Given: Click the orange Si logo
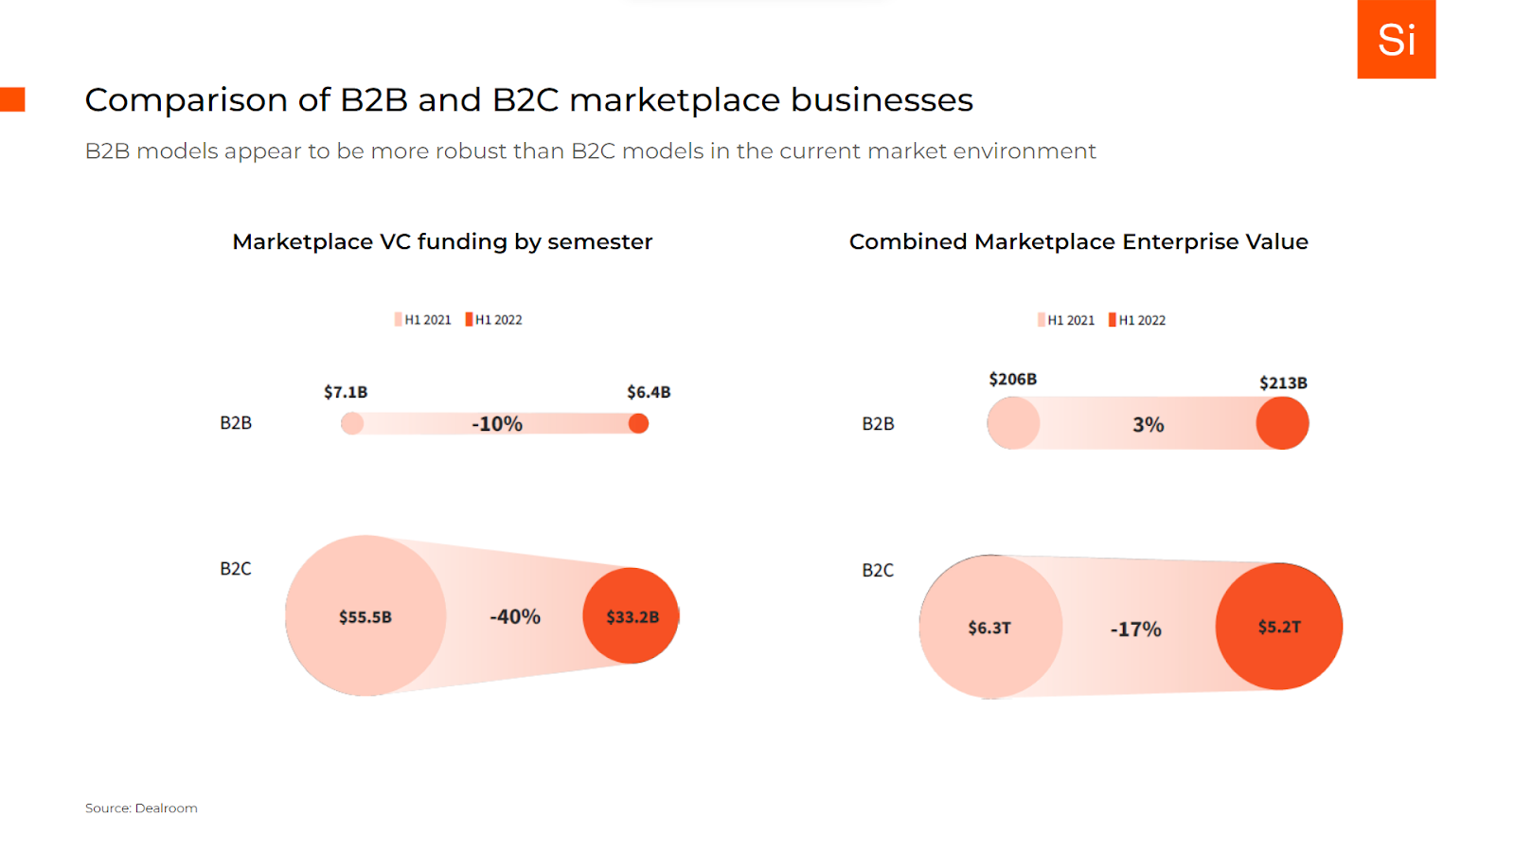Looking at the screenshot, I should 1396,39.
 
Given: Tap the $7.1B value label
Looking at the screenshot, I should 346,392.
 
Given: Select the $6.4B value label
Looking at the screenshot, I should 649,392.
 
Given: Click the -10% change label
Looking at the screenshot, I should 497,424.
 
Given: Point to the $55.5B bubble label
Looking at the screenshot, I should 365,617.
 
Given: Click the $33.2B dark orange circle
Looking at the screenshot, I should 632,616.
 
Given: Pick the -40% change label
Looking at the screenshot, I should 515,617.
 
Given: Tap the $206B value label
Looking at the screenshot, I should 1012,379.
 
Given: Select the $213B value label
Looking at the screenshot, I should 1283,382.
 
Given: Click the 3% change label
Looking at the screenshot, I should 1149,425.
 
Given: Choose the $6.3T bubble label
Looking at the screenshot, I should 989,628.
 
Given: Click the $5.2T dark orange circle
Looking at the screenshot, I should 1279,627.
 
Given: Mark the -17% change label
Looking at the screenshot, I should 1135,630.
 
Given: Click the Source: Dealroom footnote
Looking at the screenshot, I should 141,808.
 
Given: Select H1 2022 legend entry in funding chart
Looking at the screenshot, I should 494,320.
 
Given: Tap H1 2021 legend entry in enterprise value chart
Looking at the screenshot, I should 1066,320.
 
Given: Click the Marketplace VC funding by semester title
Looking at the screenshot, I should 442,241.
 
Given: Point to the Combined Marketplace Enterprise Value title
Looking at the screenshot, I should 1078,241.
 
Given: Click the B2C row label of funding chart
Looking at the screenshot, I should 236,569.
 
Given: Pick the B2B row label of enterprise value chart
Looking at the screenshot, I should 878,424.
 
